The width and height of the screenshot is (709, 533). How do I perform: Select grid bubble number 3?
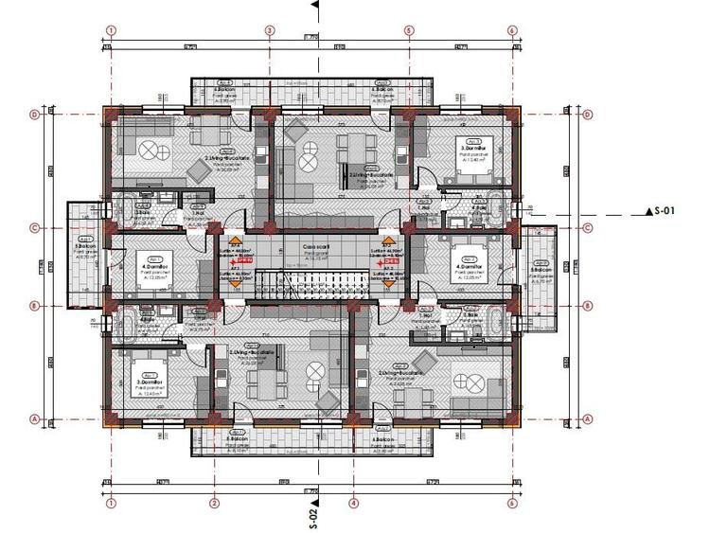coord(269,29)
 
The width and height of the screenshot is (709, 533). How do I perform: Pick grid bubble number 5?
coord(409,29)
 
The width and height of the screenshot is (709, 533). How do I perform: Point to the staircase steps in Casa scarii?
coord(311,283)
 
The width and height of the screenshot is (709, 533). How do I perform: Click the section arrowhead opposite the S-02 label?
coord(313,5)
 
